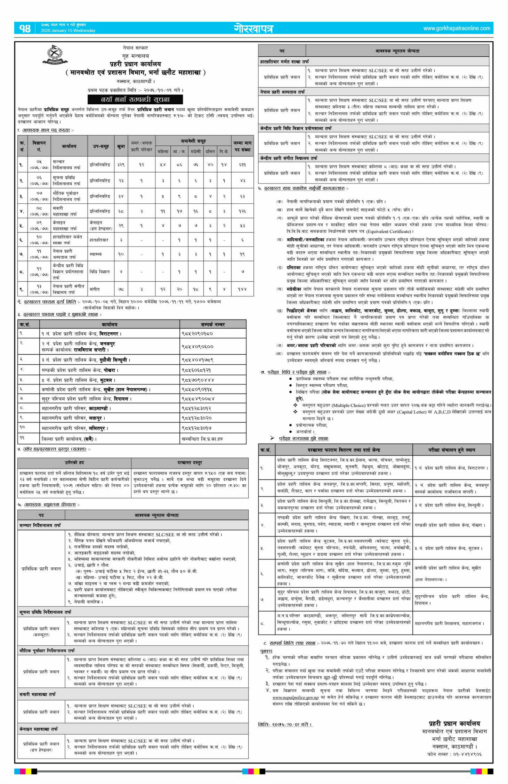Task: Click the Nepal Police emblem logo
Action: tap(55, 56)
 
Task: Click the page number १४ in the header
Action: tap(25, 28)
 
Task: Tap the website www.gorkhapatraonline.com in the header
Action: tap(457, 28)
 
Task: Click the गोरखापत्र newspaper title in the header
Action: tap(253, 29)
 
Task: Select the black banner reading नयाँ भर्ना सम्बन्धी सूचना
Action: tap(135, 99)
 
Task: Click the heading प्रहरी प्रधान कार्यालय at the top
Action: tap(135, 64)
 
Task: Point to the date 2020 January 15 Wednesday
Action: tap(68, 31)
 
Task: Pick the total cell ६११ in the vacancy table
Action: tap(242, 165)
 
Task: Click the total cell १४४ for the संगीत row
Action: tap(242, 289)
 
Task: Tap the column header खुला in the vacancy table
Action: tap(121, 146)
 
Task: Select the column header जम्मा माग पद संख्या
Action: tap(242, 146)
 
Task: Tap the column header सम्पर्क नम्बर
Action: tap(213, 324)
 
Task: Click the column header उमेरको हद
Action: tap(74, 463)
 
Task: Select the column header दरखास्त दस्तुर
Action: tap(190, 463)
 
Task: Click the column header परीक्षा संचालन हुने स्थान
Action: tap(451, 450)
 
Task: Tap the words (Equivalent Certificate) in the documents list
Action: tap(388, 232)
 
